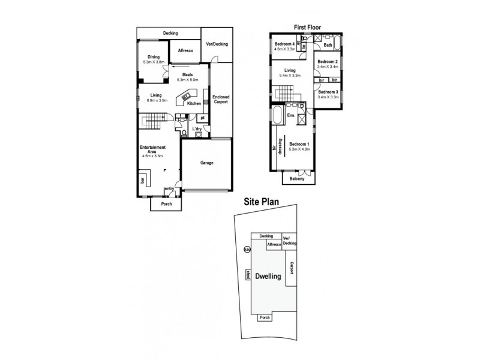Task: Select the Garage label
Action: click(206, 163)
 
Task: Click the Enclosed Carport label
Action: click(221, 100)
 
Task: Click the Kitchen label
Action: click(194, 104)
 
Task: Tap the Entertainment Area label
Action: click(152, 149)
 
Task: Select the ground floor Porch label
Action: click(166, 204)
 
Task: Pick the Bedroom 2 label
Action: click(328, 62)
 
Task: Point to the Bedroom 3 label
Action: click(328, 92)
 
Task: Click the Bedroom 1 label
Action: click(299, 144)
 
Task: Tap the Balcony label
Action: click(296, 178)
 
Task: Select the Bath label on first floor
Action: click(328, 45)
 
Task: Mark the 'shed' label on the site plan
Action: click(247, 275)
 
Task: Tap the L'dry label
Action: click(196, 129)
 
